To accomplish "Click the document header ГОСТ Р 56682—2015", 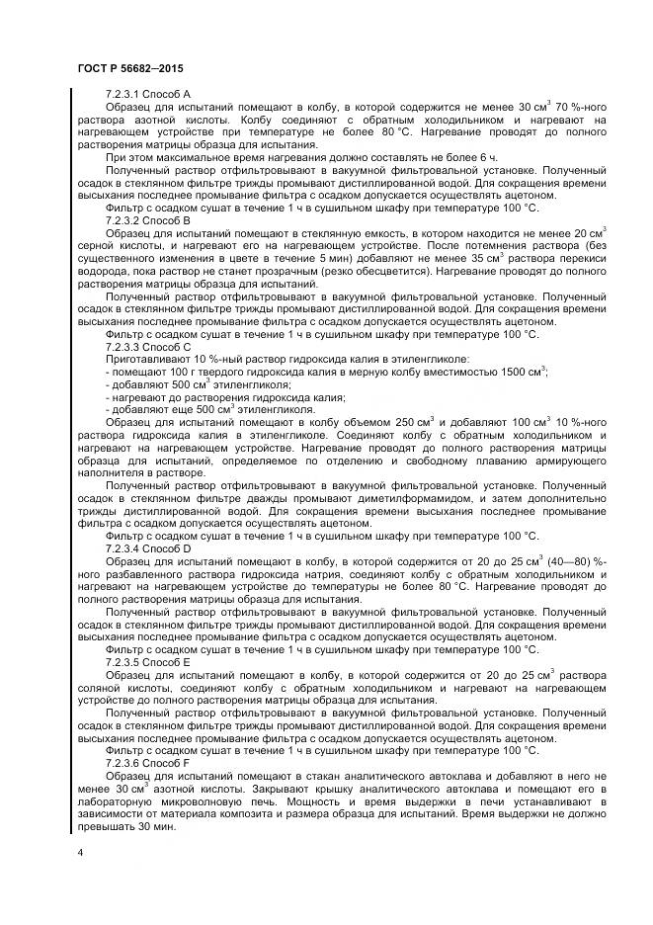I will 128,66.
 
